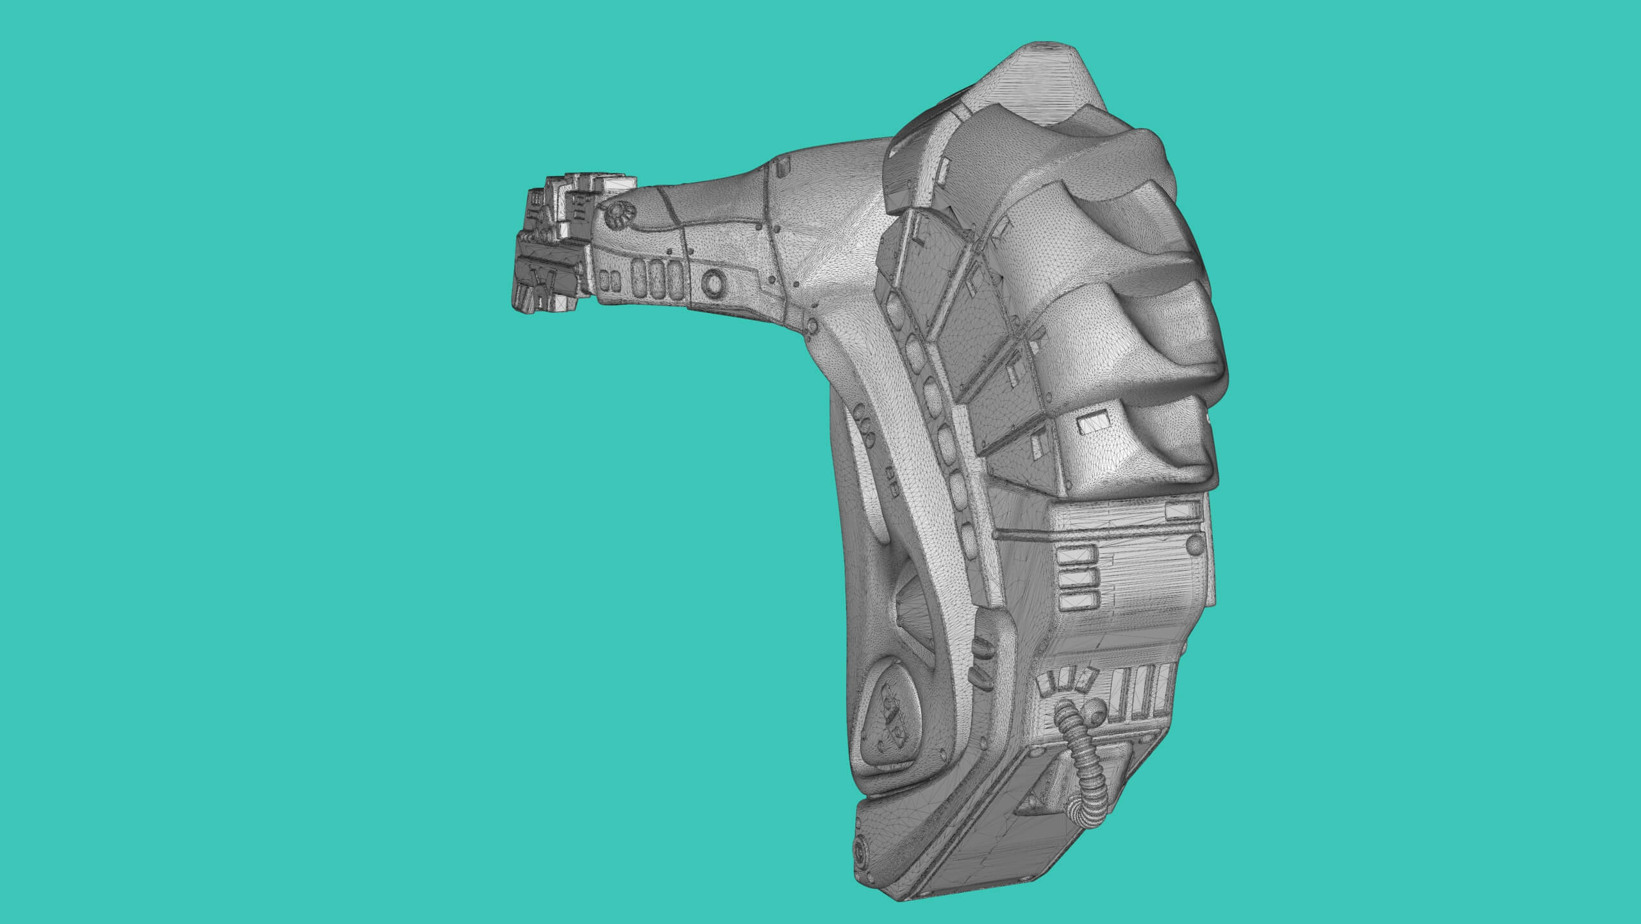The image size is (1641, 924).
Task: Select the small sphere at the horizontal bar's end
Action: click(1194, 546)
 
